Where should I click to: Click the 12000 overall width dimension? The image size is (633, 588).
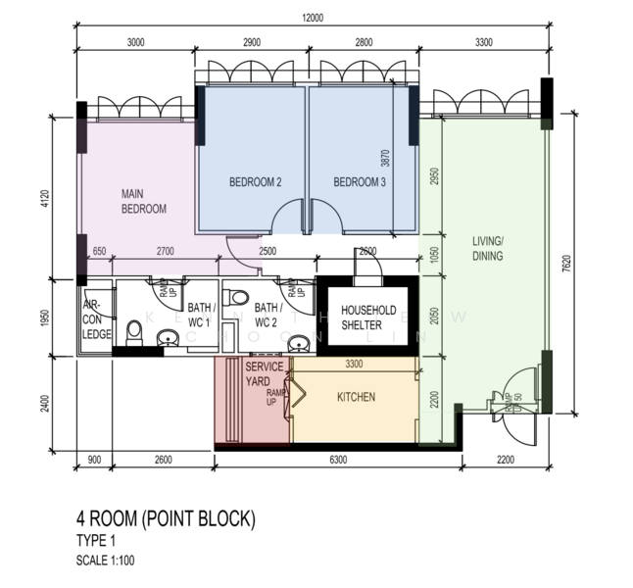point(314,17)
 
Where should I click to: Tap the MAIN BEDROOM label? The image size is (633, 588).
point(143,201)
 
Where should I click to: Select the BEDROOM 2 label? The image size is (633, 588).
point(256,182)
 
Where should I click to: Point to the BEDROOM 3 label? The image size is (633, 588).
point(360,182)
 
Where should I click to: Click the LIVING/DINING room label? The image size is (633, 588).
point(487,249)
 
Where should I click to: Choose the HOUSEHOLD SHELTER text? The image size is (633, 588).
point(368,318)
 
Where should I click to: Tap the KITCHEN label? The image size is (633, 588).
point(356,398)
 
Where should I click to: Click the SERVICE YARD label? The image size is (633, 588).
point(264,373)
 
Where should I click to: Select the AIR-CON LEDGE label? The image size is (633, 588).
point(97,319)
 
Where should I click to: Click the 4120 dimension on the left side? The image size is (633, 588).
point(43,201)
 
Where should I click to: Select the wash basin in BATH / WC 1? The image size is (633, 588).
point(169,339)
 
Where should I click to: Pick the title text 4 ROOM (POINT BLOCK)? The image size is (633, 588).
point(166,517)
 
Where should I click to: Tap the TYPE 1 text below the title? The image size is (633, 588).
point(99,540)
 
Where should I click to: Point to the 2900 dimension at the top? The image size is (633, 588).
point(251,42)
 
